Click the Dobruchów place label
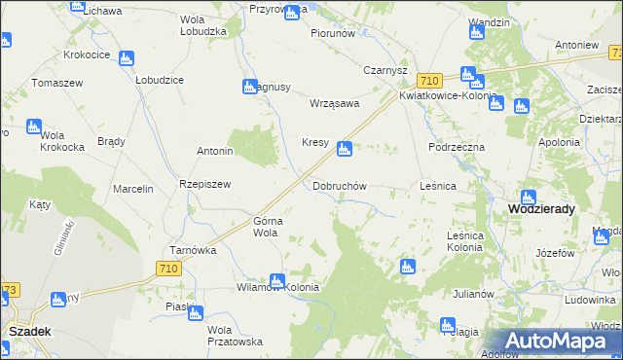point(339,185)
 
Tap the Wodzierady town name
point(541,209)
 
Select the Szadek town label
point(29,331)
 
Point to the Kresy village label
point(314,142)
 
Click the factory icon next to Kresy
point(343,149)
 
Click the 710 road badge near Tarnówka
point(167,267)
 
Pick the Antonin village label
point(215,152)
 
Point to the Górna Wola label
point(267,227)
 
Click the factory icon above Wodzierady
point(529,197)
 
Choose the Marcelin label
point(133,189)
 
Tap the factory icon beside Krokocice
point(126,58)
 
